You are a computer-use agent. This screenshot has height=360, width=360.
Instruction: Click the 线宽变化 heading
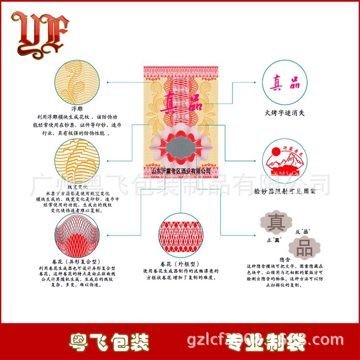[78, 187]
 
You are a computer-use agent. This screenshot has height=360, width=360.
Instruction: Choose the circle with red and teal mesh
[77, 235]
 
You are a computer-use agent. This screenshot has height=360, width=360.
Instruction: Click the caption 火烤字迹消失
[284, 113]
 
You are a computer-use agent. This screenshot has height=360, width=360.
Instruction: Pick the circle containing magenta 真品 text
[284, 83]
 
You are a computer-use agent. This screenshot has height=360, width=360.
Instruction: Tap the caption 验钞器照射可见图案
[285, 191]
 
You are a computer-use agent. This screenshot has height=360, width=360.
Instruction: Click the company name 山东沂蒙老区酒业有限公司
[181, 170]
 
